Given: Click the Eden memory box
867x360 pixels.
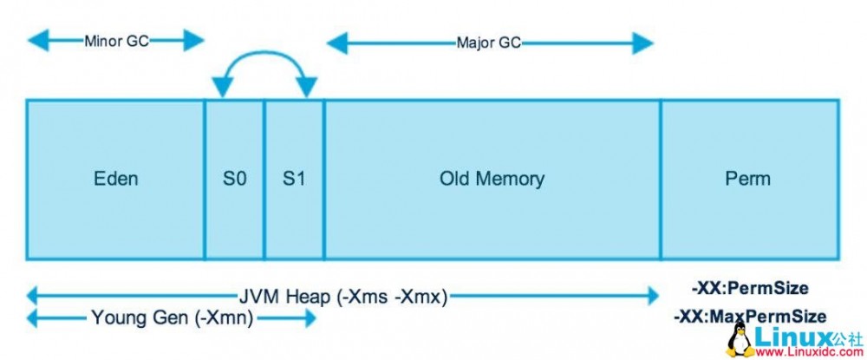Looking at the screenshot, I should click(x=115, y=180).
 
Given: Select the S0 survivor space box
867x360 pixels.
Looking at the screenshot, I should click(x=234, y=180).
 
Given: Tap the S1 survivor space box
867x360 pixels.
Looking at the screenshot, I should click(x=294, y=180).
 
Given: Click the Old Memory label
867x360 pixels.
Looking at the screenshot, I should click(x=492, y=180).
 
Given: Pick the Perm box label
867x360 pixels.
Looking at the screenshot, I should click(x=747, y=180).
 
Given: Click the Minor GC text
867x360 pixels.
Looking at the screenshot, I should click(x=116, y=40).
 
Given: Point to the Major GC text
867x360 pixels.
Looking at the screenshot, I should click(x=489, y=42).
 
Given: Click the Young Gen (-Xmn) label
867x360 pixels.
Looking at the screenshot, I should click(x=172, y=318).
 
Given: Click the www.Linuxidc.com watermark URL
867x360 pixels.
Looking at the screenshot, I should click(x=805, y=350).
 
